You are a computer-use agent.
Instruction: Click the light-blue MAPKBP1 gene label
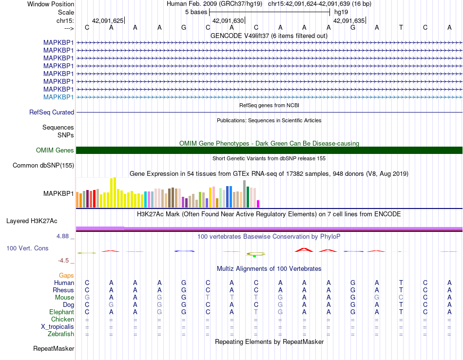point(58,97)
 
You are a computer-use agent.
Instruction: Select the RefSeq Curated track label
point(52,112)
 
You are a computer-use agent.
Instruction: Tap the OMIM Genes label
point(55,150)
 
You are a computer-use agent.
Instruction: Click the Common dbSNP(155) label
point(43,165)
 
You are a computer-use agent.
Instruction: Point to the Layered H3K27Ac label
point(32,221)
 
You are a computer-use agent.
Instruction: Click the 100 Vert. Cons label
point(27,248)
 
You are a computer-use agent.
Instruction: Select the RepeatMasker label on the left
point(54,348)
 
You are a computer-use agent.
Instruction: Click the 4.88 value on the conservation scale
point(62,236)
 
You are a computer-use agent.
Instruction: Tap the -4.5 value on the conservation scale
point(63,261)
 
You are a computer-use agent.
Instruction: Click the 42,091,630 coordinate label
point(228,20)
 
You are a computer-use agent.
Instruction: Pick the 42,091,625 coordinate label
point(108,20)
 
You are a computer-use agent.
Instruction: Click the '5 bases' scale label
point(196,12)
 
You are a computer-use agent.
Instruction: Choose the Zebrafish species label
point(61,334)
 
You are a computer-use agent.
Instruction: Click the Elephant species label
point(62,312)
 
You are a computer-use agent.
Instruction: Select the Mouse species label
point(64,298)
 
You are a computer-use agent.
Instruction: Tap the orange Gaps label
point(66,275)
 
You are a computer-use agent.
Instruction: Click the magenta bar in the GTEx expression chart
point(258,204)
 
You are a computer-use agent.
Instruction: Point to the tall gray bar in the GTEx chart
point(244,194)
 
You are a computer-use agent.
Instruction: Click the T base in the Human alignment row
point(401,283)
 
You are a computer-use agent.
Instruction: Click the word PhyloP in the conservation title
point(330,236)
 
